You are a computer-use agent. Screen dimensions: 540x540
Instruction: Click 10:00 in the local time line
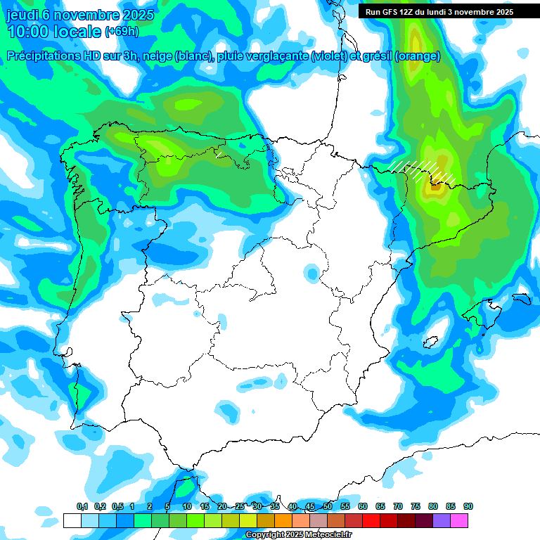tap(29, 32)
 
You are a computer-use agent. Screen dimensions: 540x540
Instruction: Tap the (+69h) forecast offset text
tap(122, 32)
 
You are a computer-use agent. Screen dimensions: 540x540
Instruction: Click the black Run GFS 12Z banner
tap(439, 12)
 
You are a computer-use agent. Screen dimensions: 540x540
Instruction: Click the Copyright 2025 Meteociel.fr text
tap(298, 535)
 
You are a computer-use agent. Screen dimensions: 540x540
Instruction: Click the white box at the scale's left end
tap(72, 521)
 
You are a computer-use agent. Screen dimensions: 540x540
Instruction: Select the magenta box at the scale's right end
tap(459, 521)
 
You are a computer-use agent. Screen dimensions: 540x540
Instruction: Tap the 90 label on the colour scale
tap(468, 507)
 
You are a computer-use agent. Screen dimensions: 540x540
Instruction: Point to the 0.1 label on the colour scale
tap(82, 507)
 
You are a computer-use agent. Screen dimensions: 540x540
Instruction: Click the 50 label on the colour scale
tap(328, 507)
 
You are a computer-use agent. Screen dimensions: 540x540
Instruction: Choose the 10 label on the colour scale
tap(186, 507)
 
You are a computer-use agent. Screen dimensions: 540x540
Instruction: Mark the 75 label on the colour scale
tap(416, 507)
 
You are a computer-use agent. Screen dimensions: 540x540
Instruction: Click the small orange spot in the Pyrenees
tap(435, 186)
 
